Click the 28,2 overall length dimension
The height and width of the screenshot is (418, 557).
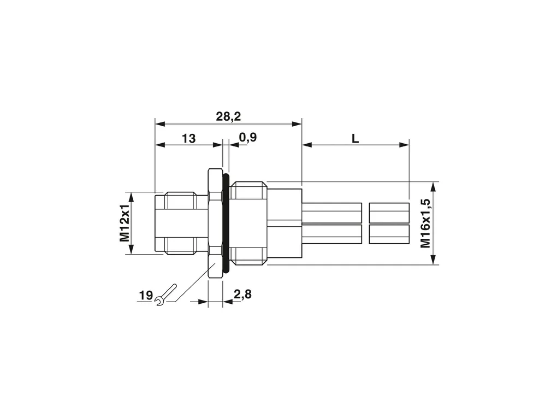228,116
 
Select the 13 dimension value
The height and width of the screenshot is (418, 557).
188,138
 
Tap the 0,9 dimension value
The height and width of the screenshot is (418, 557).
247,137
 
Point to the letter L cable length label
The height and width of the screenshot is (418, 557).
355,139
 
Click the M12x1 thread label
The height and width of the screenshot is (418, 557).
125,223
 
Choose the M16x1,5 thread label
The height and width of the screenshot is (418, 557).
425,223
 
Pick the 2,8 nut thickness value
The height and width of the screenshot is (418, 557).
242,295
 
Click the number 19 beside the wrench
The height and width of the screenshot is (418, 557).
146,296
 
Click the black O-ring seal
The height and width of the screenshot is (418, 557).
226,223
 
